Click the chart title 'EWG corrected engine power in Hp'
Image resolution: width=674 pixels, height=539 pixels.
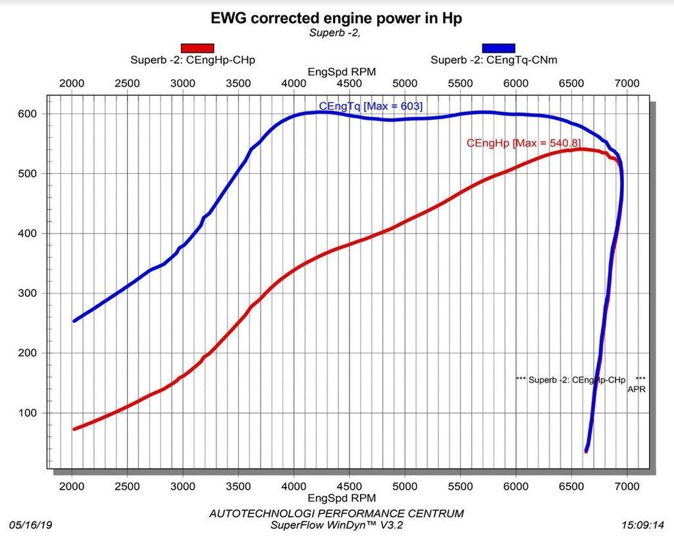click(x=336, y=18)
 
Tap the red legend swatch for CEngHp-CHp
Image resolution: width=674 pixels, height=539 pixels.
click(x=197, y=47)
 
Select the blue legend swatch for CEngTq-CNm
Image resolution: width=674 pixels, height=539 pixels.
click(x=498, y=47)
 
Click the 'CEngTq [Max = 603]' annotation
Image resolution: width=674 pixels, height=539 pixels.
click(x=371, y=105)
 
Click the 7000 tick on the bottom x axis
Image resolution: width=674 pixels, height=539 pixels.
click(x=626, y=486)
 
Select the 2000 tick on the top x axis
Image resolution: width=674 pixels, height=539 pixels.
click(x=72, y=83)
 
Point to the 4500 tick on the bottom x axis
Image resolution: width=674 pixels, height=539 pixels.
click(x=350, y=486)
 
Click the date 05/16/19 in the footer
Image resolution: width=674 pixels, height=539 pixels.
click(x=30, y=525)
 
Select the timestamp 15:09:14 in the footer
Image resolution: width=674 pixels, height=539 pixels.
click(x=643, y=525)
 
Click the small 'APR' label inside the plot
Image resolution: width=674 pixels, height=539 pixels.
click(x=636, y=390)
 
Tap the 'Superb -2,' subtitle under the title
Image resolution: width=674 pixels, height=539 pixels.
click(x=334, y=32)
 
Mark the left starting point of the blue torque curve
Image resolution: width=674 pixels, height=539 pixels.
click(x=74, y=321)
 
